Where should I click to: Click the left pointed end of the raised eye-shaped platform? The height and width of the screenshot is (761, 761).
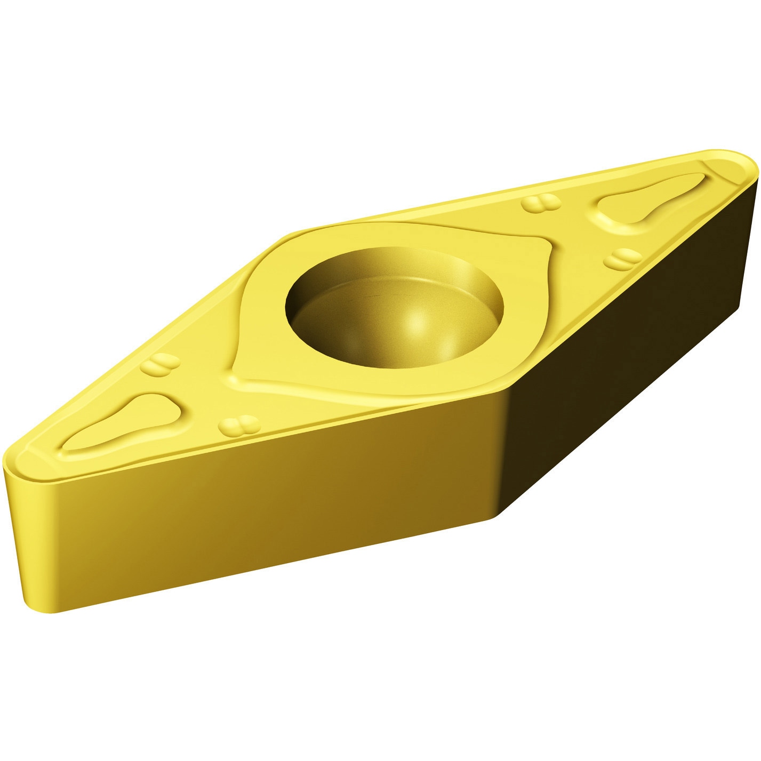235,373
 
